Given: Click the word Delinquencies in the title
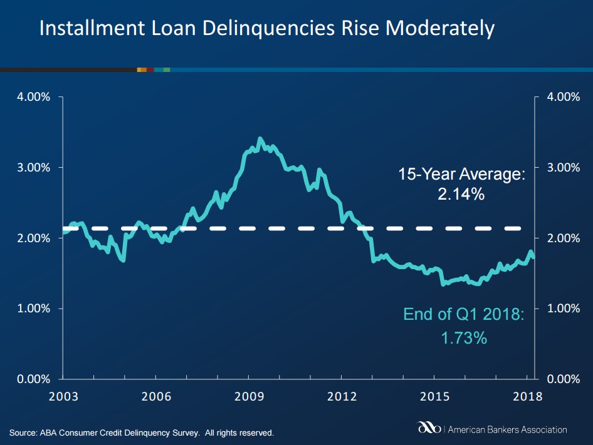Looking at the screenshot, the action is (268, 29).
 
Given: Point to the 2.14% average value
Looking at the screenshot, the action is (461, 194).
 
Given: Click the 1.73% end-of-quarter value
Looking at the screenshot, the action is (464, 338).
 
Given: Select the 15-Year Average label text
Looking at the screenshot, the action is (462, 174).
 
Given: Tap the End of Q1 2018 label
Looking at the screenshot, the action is (464, 314).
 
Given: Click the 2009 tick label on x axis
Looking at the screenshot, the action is (249, 397).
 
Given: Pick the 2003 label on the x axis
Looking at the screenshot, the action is (63, 397).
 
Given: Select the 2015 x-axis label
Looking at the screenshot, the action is (434, 397).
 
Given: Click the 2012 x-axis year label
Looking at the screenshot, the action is (342, 397).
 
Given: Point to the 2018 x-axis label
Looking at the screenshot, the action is (528, 397).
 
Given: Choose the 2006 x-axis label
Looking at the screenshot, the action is (156, 397).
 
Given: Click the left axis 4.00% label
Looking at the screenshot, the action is (34, 97).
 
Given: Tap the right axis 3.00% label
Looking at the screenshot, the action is (564, 167).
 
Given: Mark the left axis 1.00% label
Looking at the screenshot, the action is (34, 309).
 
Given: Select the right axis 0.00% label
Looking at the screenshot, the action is (564, 379).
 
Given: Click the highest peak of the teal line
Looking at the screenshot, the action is (260, 139).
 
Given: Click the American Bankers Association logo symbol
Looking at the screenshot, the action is (429, 427).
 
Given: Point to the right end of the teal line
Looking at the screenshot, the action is (533, 257).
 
